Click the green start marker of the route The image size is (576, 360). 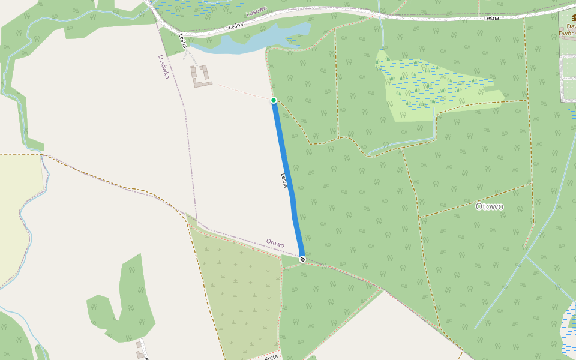click(274, 100)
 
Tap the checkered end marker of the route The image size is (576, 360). click(302, 259)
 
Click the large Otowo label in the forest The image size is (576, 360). click(489, 206)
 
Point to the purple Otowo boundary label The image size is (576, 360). click(275, 243)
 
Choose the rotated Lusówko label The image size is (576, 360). click(163, 67)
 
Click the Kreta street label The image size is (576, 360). click(271, 357)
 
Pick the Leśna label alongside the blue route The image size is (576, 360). click(284, 181)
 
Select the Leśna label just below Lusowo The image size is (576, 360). click(239, 27)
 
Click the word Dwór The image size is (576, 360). click(566, 34)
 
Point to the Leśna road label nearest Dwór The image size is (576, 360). click(491, 19)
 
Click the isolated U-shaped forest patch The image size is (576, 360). click(120, 306)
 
